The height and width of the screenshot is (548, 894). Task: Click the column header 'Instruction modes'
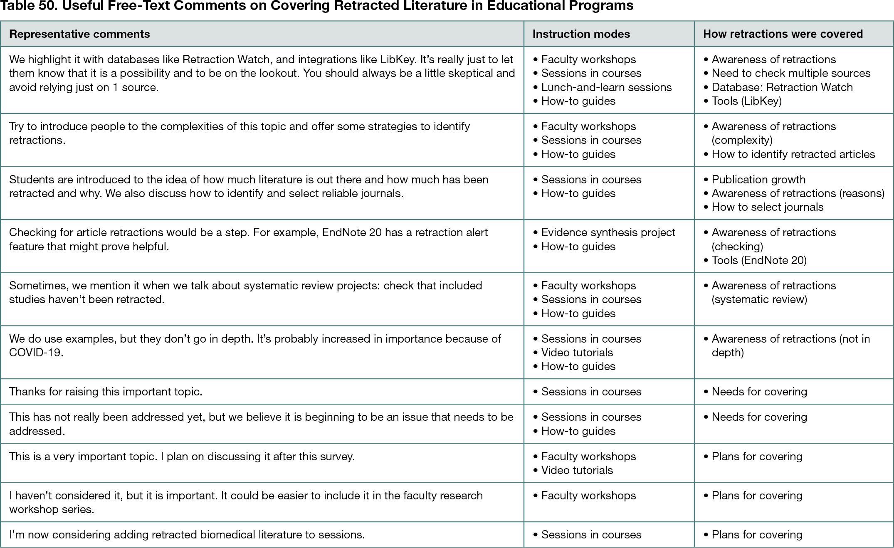[x=581, y=34]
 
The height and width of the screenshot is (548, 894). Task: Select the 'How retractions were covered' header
[x=783, y=34]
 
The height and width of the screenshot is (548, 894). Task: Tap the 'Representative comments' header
[x=79, y=34]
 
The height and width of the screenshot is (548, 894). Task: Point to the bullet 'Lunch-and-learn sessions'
[x=606, y=87]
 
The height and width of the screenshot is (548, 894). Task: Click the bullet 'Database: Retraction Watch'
[x=782, y=87]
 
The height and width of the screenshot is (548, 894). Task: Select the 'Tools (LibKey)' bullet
[x=746, y=101]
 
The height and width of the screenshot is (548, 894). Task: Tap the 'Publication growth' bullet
[x=758, y=180]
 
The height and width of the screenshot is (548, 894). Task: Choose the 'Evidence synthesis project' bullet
[x=608, y=232]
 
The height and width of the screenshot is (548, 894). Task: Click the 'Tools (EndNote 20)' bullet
[x=759, y=260]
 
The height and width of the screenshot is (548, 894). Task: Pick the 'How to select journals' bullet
[x=767, y=207]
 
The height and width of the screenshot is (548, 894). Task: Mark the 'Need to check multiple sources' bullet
[x=790, y=73]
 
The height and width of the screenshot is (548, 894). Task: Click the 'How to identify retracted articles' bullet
[x=793, y=154]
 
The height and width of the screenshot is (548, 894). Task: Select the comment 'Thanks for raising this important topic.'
[x=106, y=392]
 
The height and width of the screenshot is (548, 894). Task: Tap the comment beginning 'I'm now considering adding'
[x=187, y=535]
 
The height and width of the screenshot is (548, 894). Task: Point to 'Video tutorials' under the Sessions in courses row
[x=577, y=353]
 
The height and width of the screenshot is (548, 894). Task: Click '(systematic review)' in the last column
[x=759, y=299]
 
